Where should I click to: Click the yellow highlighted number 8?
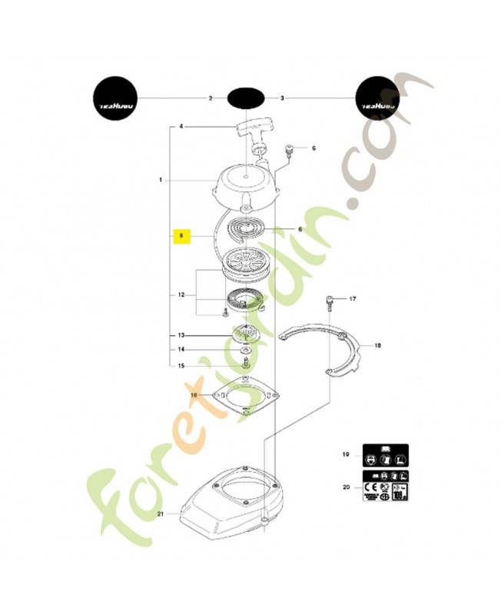point(181,235)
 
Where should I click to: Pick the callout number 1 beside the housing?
point(161,180)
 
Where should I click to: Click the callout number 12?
point(181,294)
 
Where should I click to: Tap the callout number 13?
point(181,335)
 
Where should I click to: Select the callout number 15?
point(181,365)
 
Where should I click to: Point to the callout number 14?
point(181,349)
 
